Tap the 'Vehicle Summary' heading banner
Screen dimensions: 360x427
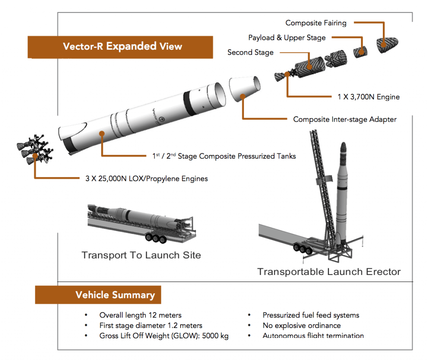(x=115, y=295)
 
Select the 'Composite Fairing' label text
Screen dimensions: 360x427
(x=316, y=23)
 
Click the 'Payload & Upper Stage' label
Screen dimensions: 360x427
(x=287, y=37)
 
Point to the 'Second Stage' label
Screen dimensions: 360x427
(x=250, y=52)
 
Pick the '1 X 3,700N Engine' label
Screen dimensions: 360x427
(x=368, y=97)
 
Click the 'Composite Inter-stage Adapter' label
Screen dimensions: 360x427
(x=344, y=119)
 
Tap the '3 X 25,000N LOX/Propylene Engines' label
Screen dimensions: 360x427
(x=143, y=179)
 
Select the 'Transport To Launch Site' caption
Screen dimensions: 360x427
(x=141, y=255)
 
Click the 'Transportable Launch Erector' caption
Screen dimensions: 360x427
(x=329, y=272)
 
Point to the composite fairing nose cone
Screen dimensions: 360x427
(x=389, y=44)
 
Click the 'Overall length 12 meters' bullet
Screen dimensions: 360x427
(x=140, y=315)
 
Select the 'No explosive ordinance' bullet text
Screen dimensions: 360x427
(x=301, y=325)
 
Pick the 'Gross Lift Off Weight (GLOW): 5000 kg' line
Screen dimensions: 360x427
(x=163, y=336)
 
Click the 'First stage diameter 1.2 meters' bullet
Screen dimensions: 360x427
(x=151, y=325)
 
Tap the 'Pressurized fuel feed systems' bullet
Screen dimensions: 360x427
(x=311, y=315)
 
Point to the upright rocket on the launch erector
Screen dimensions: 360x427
(x=342, y=196)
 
